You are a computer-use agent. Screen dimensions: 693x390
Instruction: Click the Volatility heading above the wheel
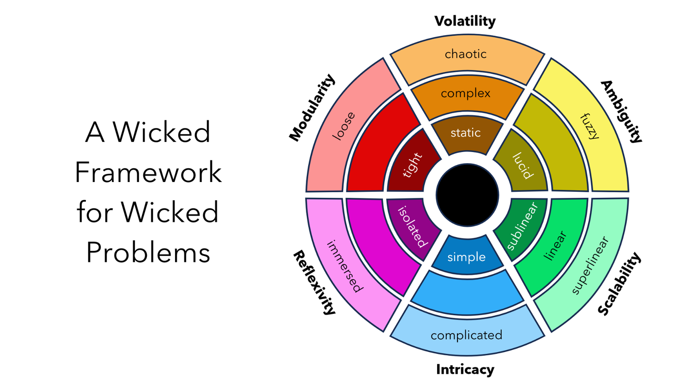465,21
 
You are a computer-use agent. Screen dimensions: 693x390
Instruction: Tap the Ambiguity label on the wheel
621,112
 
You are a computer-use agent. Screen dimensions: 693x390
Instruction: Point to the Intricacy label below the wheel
465,370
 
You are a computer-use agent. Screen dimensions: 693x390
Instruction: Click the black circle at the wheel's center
467,195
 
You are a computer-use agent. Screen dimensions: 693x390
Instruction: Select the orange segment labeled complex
467,97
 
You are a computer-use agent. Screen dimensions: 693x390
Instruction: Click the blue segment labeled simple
467,256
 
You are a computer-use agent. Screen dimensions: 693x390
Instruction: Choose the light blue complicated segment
467,333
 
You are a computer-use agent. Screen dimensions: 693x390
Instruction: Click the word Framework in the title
148,172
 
